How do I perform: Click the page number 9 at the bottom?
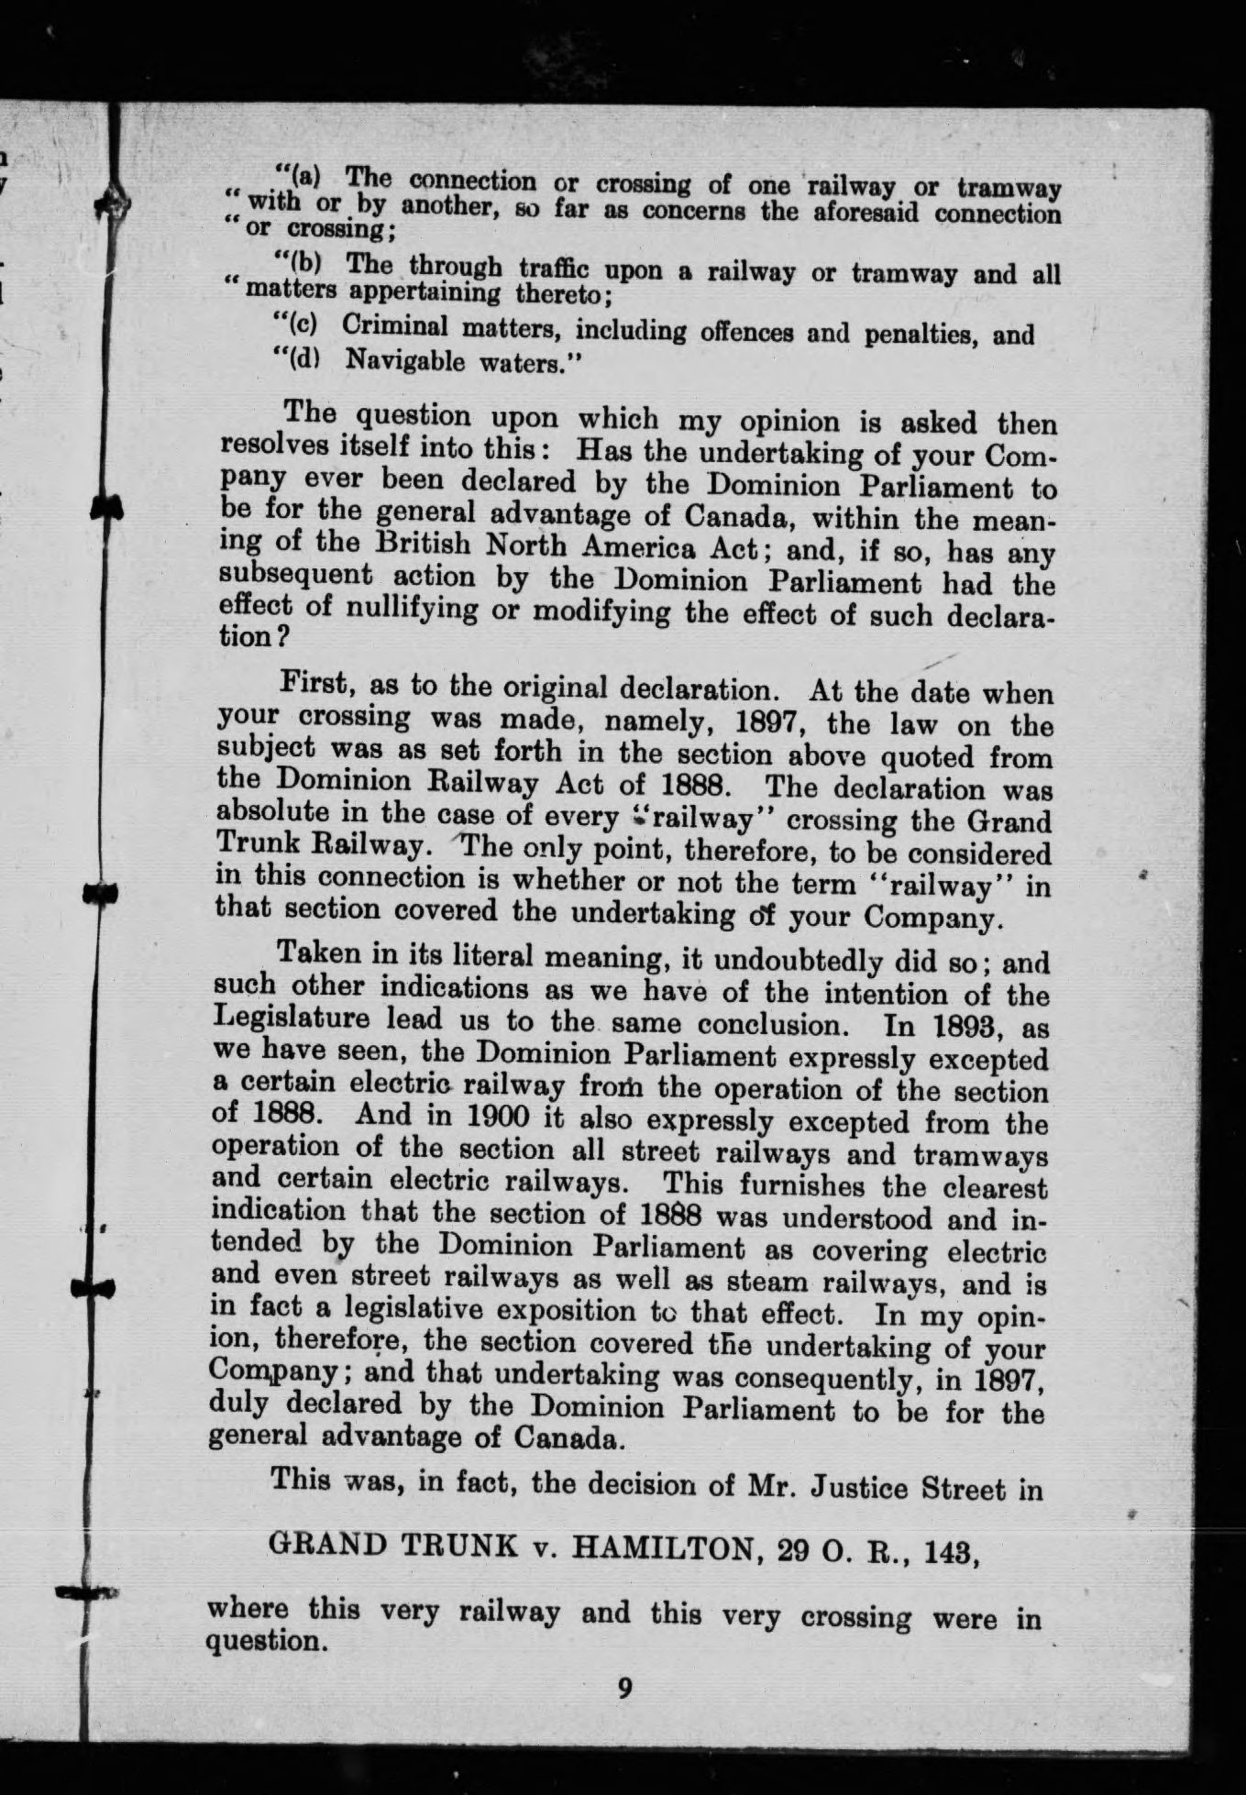tap(624, 1689)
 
